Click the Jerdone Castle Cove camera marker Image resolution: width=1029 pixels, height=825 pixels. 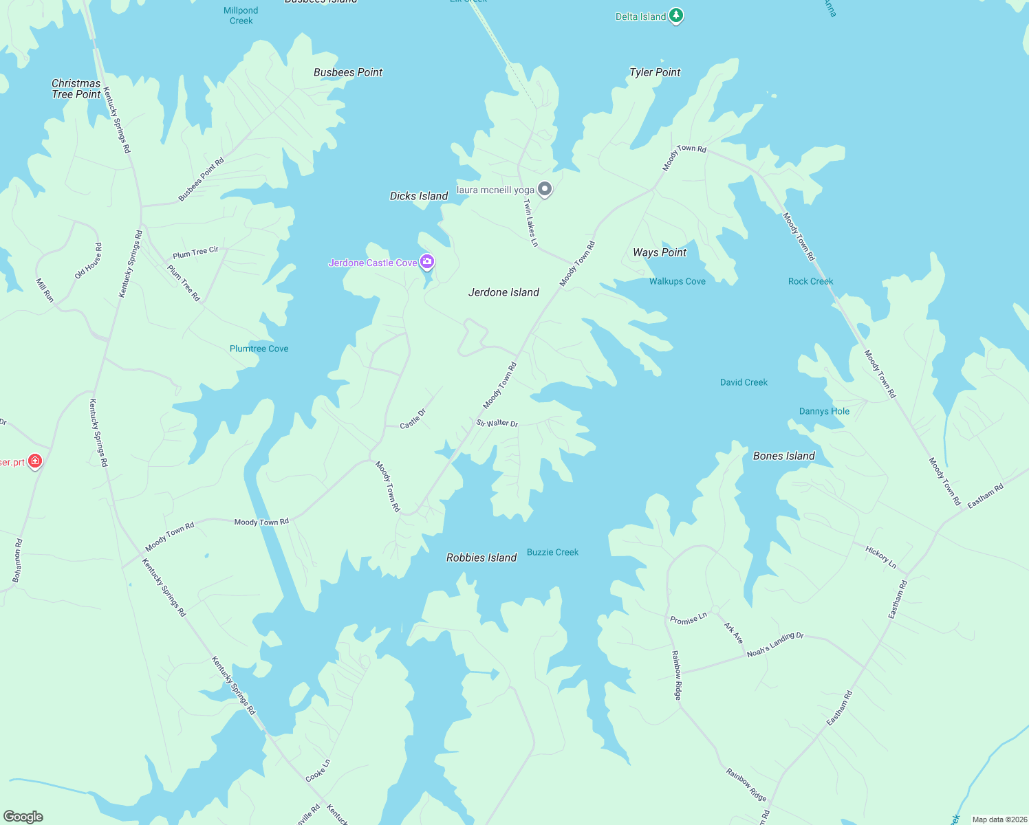pos(427,261)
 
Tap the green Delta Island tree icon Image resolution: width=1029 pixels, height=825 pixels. pos(676,16)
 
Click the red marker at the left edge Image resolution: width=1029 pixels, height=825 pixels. pos(35,461)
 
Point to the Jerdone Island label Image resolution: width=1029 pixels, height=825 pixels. pos(503,292)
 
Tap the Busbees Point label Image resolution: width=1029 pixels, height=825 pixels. pos(348,72)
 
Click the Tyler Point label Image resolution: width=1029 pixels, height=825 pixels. pos(655,72)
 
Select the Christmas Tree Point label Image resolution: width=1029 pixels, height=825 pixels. pos(76,89)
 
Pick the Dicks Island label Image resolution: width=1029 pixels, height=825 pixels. pos(419,196)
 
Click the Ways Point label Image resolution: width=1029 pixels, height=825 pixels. pos(660,252)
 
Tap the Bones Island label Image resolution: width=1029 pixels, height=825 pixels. pos(784,456)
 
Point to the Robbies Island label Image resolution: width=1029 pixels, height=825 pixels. pos(481,558)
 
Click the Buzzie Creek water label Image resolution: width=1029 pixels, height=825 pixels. pos(552,552)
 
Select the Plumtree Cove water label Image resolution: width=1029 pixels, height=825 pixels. pos(259,349)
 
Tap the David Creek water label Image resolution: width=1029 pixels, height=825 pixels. pos(744,382)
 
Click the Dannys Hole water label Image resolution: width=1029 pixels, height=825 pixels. pos(824,411)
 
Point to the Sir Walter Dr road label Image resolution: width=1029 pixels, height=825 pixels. pos(497,423)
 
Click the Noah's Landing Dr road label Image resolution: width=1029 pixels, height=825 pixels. pos(775,645)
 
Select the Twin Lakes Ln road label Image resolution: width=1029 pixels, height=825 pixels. pos(530,222)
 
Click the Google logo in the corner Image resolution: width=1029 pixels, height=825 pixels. pos(23,817)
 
